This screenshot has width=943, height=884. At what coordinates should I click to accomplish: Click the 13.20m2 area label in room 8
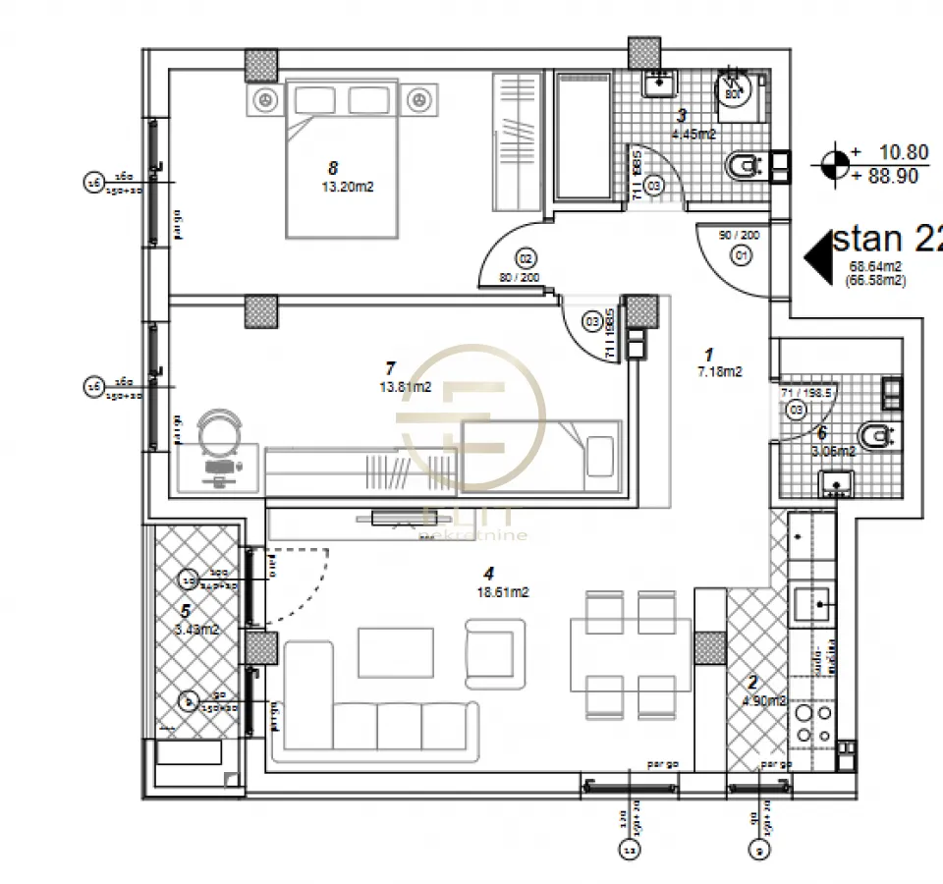coord(348,188)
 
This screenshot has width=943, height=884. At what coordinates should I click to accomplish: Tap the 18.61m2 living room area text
coord(504,592)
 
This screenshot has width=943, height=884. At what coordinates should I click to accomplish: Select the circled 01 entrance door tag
coord(741,255)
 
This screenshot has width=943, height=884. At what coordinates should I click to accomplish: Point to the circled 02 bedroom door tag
coord(526,258)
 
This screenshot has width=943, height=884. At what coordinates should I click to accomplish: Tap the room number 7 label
coord(390,368)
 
